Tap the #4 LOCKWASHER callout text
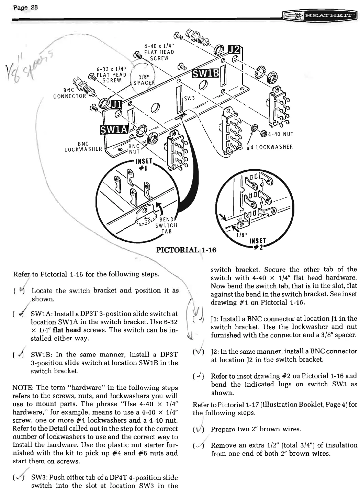pyautogui.click(x=270, y=147)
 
